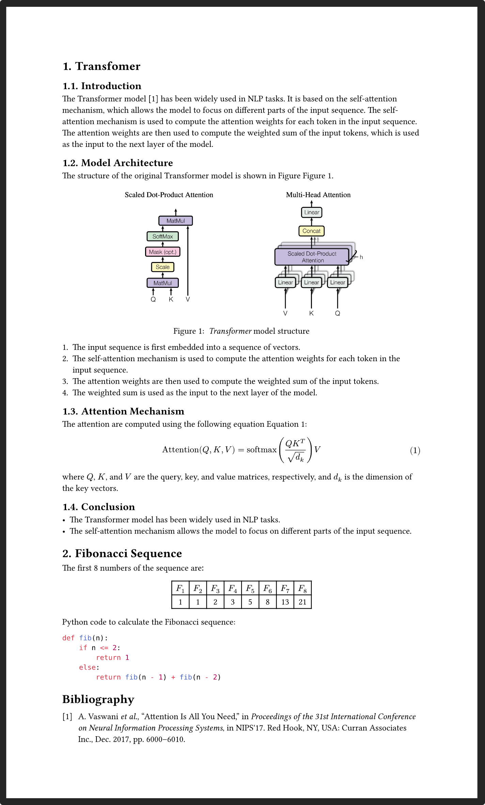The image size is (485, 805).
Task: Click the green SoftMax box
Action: point(163,236)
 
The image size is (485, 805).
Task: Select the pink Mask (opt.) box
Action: point(163,252)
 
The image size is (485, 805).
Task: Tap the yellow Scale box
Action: point(163,267)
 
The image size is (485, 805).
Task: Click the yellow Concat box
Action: point(311,231)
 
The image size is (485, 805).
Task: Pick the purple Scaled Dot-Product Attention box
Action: point(312,257)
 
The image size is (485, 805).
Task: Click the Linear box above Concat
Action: point(312,212)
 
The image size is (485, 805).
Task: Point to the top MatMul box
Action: point(176,221)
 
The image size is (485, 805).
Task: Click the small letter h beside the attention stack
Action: point(361,257)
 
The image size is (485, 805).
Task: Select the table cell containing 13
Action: point(285,602)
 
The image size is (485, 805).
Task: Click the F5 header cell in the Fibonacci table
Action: point(250,588)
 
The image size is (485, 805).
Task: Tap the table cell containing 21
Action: point(302,602)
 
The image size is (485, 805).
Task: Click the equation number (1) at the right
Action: point(415,450)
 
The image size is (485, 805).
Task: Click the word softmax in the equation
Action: point(262,450)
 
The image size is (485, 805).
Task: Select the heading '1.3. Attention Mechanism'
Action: point(123,411)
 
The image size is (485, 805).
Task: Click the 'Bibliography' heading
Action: point(98,700)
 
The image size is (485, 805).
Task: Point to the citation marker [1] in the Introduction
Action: point(154,99)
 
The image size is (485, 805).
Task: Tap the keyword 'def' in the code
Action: point(68,638)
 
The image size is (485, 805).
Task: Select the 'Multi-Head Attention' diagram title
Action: point(318,195)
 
